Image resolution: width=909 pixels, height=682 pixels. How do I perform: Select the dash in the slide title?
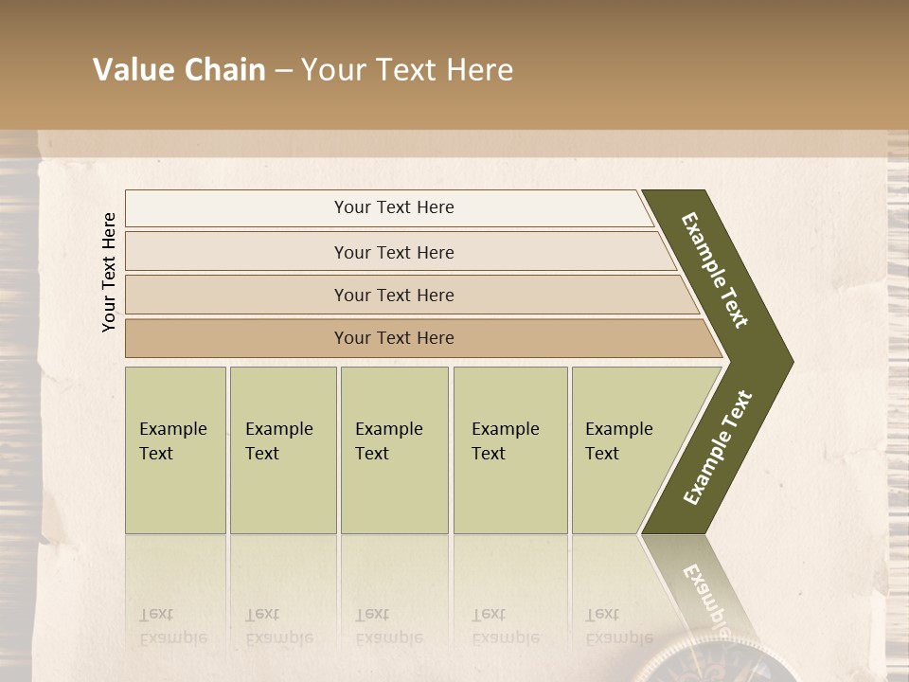[283, 71]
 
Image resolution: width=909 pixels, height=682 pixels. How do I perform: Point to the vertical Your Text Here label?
[109, 273]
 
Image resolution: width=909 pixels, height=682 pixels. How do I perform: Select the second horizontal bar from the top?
[394, 252]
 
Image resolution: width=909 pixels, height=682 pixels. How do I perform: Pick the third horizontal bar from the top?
[394, 296]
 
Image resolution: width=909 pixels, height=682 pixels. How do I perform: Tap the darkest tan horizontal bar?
[394, 338]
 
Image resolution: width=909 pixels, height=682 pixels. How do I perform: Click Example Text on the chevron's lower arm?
[717, 448]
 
